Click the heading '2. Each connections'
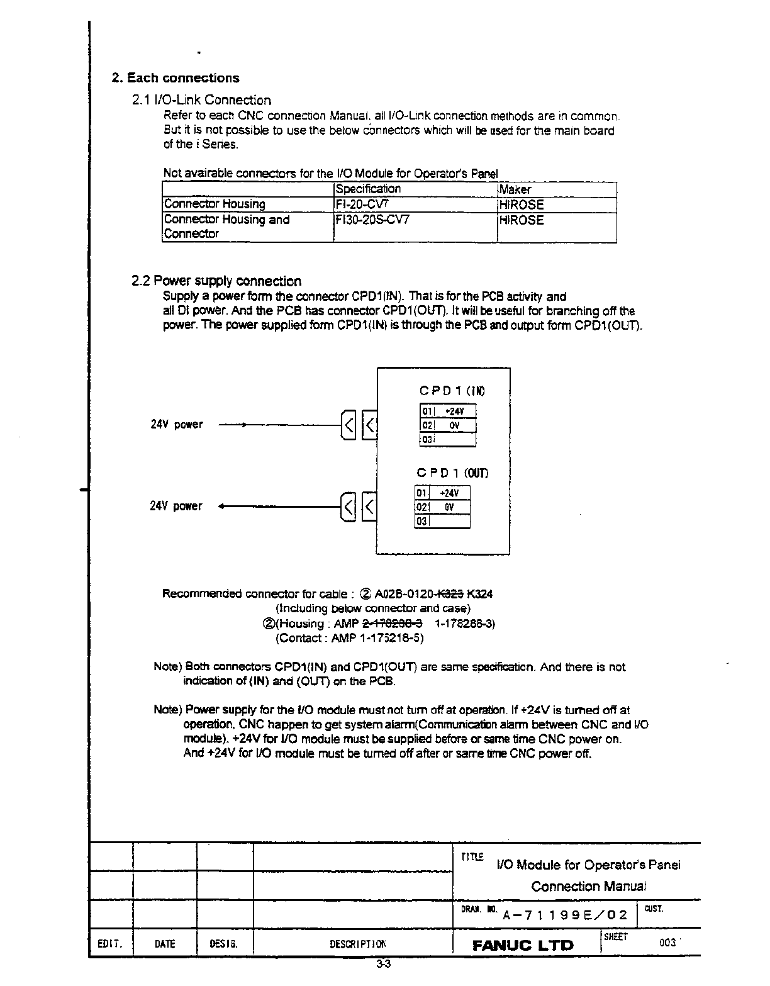coord(176,78)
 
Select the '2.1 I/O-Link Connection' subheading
coord(201,100)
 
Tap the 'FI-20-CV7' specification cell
coord(358,204)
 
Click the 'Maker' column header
coord(515,189)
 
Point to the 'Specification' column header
coord(368,189)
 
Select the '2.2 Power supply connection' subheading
coord(216,281)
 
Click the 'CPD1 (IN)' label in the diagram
coord(452,391)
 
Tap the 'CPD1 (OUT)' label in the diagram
coord(452,473)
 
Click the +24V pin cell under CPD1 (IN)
coord(454,412)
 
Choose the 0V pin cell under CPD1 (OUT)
coord(449,507)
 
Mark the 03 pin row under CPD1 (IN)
coord(447,440)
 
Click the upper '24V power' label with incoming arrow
coord(177,425)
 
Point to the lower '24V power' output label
coord(176,507)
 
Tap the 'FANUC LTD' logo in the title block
coord(523,945)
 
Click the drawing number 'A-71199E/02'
coord(564,915)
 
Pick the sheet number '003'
coord(667,943)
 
